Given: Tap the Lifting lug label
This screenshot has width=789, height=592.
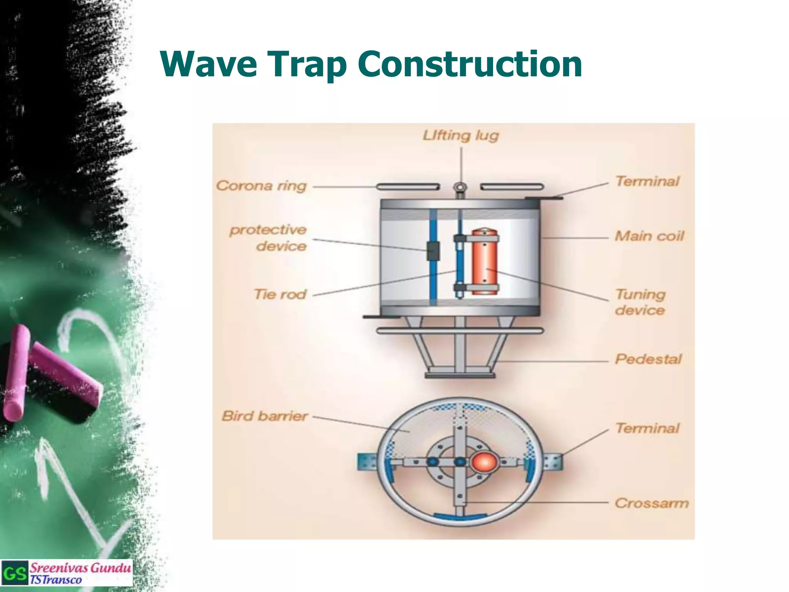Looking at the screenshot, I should point(461,135).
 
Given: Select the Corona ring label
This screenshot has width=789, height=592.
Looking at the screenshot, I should point(261,186).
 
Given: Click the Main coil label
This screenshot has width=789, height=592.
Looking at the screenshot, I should point(649,236).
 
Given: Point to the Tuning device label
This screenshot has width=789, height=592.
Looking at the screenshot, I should point(640,302).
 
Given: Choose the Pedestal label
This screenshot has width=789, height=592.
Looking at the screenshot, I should point(648,359).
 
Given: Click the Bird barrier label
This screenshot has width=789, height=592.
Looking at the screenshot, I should point(265,416).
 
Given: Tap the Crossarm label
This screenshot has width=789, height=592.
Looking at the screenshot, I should point(651,503).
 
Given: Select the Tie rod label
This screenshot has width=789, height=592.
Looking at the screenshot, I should point(280,294).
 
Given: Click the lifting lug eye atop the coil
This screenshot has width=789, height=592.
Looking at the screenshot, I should point(460,187).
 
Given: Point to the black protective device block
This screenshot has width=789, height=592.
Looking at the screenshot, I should point(433,251).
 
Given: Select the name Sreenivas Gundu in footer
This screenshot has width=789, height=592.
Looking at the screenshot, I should point(80,568).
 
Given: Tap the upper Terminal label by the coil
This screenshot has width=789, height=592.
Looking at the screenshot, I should point(647,181).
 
